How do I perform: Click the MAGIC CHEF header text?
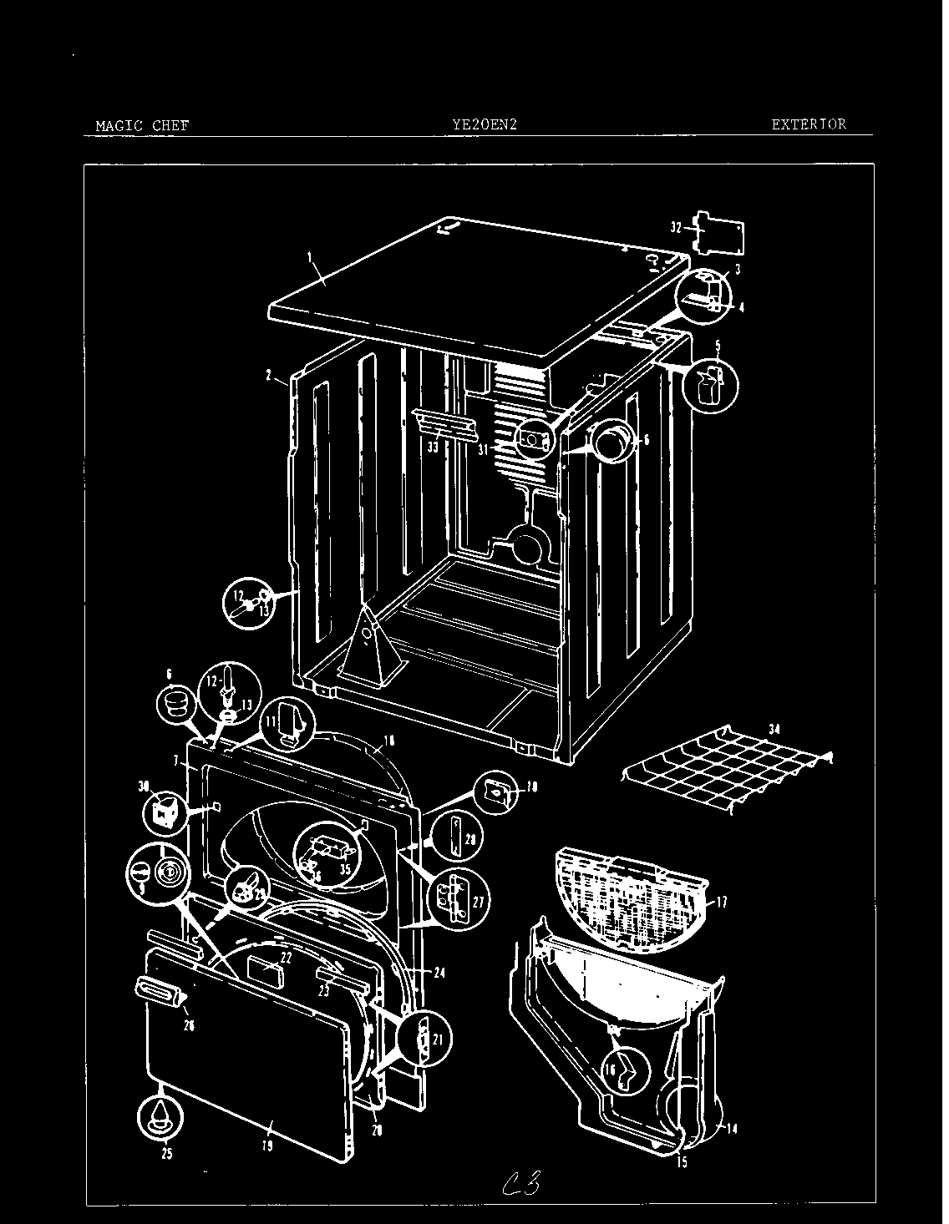pos(142,126)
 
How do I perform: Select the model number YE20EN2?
pos(485,124)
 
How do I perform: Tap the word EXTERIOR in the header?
pos(808,124)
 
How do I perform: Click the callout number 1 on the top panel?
pos(311,260)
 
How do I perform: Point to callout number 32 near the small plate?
pos(677,226)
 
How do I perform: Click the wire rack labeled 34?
pos(727,769)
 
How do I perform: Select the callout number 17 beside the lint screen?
pos(722,902)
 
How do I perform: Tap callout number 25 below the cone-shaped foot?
pos(166,1155)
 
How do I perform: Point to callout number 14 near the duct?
pos(731,1130)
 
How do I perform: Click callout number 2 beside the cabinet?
pos(269,377)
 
